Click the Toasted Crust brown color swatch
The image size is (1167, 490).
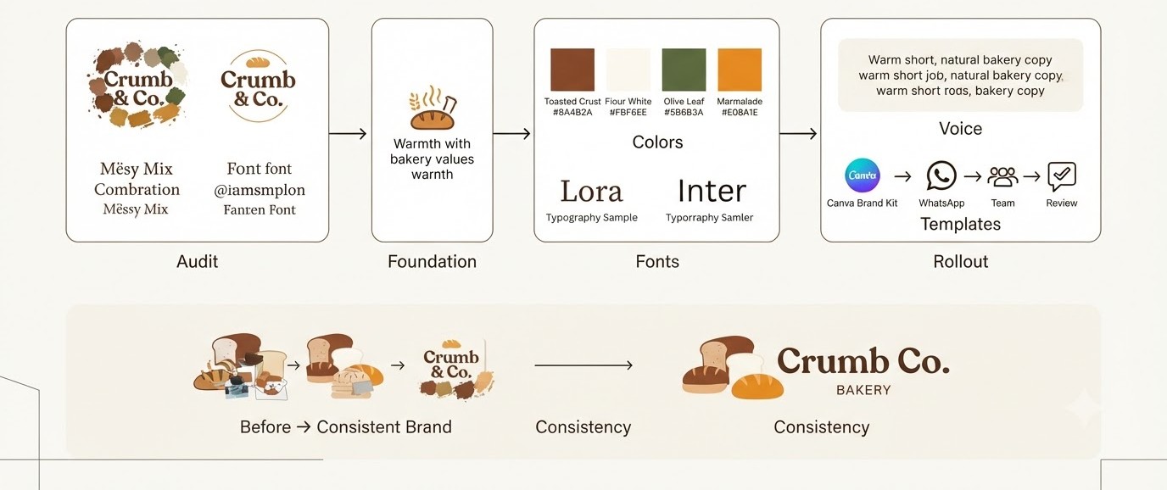coord(572,70)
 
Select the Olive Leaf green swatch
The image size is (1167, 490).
coord(684,70)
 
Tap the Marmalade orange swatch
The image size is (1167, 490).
coord(740,70)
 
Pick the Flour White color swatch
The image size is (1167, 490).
coord(628,70)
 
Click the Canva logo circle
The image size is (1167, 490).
coord(863,175)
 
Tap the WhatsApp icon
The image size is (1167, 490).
coord(941,176)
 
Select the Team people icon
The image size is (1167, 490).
coord(1002,176)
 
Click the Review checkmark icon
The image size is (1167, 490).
coord(1062,176)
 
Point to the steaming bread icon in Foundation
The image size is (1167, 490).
coord(433,108)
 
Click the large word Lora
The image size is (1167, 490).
coord(591,191)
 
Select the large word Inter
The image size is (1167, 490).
coord(712,191)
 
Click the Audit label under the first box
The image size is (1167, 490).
coord(197,261)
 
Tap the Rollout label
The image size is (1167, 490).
coord(960,261)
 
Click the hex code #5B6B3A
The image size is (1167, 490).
coord(684,113)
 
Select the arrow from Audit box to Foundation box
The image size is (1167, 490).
coord(348,134)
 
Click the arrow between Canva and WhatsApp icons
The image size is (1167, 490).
coord(903,176)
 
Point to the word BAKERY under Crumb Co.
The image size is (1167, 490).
coord(863,390)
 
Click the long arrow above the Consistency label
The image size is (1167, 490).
coord(583,365)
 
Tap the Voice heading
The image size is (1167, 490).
coord(960,129)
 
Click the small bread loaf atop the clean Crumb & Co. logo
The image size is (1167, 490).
coord(257,62)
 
